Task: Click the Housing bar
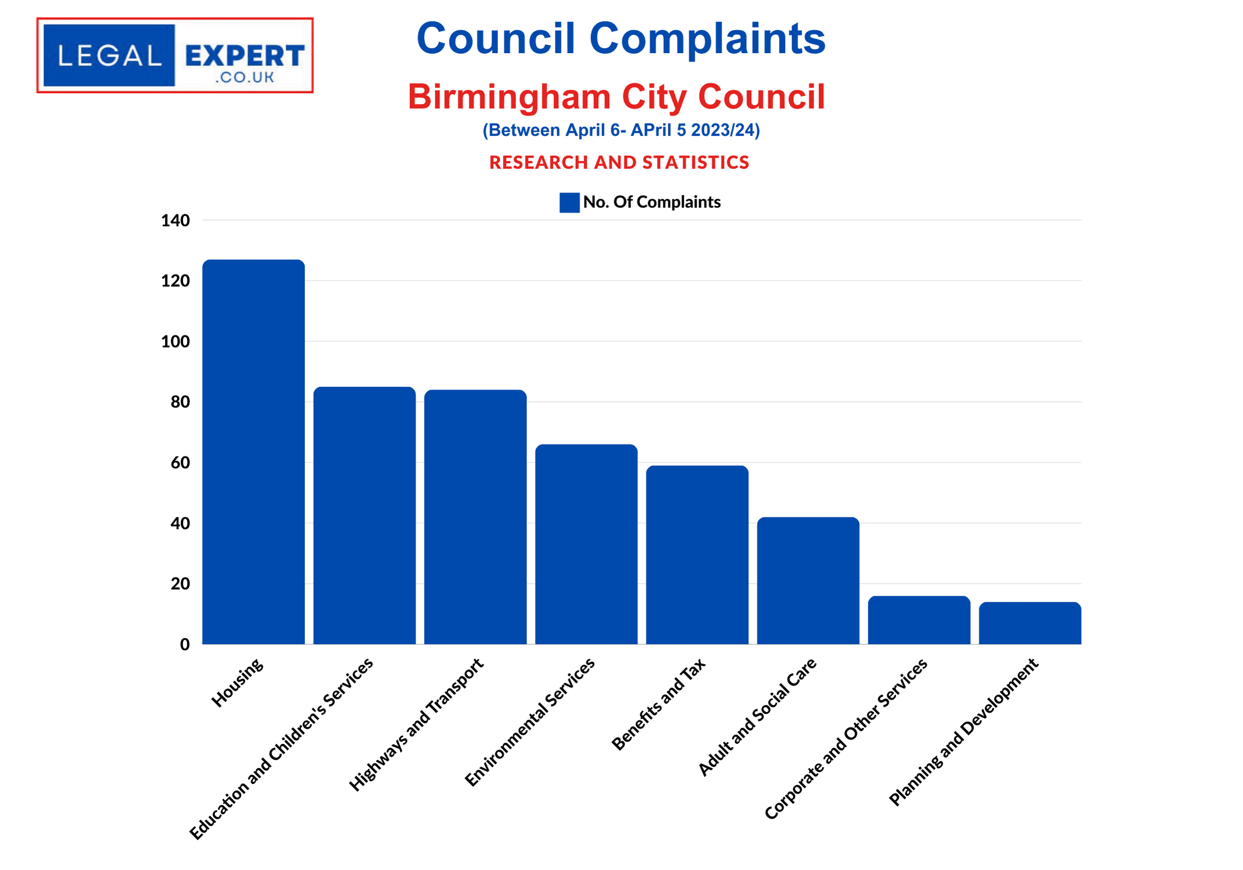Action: click(x=253, y=452)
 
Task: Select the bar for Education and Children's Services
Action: click(x=364, y=515)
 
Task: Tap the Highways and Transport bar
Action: click(x=475, y=516)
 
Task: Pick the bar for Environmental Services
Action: click(x=586, y=544)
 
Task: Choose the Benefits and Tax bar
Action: click(x=697, y=555)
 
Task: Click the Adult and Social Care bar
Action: click(x=808, y=580)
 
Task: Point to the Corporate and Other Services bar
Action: click(x=919, y=619)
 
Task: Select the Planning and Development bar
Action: click(x=1030, y=623)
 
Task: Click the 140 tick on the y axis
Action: click(x=175, y=220)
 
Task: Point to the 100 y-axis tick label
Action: click(x=175, y=342)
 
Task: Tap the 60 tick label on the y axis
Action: click(x=180, y=463)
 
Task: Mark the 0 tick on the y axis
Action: click(x=185, y=644)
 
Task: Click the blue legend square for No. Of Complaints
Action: click(x=569, y=202)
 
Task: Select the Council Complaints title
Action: click(x=621, y=38)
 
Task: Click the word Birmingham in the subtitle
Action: click(x=509, y=96)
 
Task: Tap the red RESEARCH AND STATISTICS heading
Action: click(x=619, y=162)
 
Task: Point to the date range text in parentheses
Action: click(x=621, y=130)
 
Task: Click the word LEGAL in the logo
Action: click(x=109, y=55)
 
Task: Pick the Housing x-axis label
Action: click(x=238, y=683)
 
